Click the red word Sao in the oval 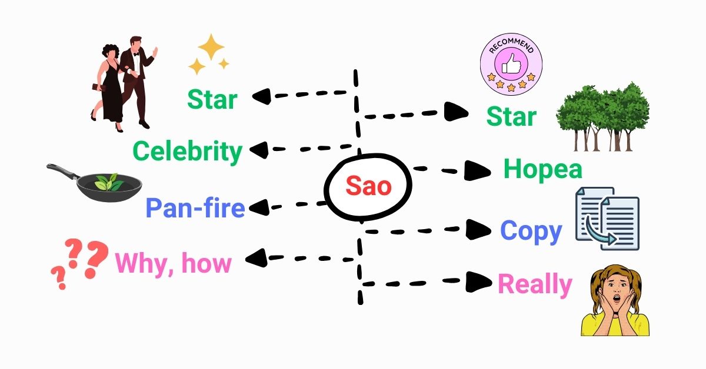[x=368, y=186]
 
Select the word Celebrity [x=188, y=152]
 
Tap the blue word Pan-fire [x=195, y=208]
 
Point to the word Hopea [x=542, y=169]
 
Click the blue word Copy [x=531, y=232]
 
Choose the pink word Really [x=535, y=285]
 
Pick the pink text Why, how [x=174, y=264]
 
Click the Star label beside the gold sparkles [x=212, y=99]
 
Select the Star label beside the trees [x=511, y=116]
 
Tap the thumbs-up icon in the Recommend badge [x=511, y=64]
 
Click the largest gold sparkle [x=211, y=47]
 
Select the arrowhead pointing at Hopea [x=477, y=170]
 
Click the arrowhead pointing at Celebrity [x=259, y=150]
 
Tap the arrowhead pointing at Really [x=478, y=282]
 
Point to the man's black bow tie [x=136, y=55]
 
